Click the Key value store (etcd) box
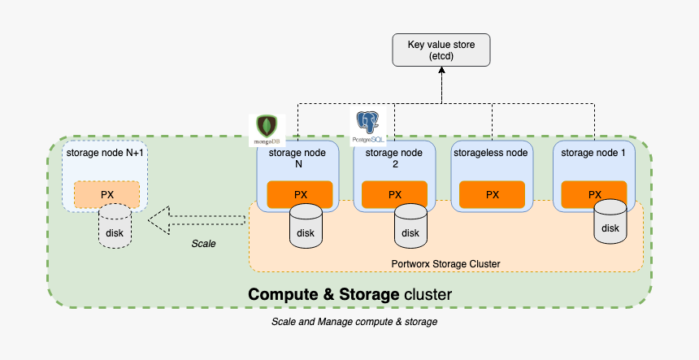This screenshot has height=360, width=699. [x=441, y=50]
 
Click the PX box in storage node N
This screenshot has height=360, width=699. [x=300, y=194]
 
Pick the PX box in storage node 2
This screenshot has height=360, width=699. [x=394, y=194]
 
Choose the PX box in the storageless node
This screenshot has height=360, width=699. [x=492, y=194]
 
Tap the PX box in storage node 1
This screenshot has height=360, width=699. [x=594, y=194]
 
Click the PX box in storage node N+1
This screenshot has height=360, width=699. [x=106, y=194]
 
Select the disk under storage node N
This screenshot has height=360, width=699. [x=305, y=227]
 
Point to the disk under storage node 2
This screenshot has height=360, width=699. [x=410, y=227]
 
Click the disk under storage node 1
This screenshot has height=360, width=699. [x=610, y=222]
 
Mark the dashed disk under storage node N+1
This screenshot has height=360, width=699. [x=114, y=227]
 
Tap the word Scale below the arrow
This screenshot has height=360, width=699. [x=203, y=243]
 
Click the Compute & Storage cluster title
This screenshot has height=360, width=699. [x=349, y=293]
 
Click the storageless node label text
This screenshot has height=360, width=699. [x=491, y=152]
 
